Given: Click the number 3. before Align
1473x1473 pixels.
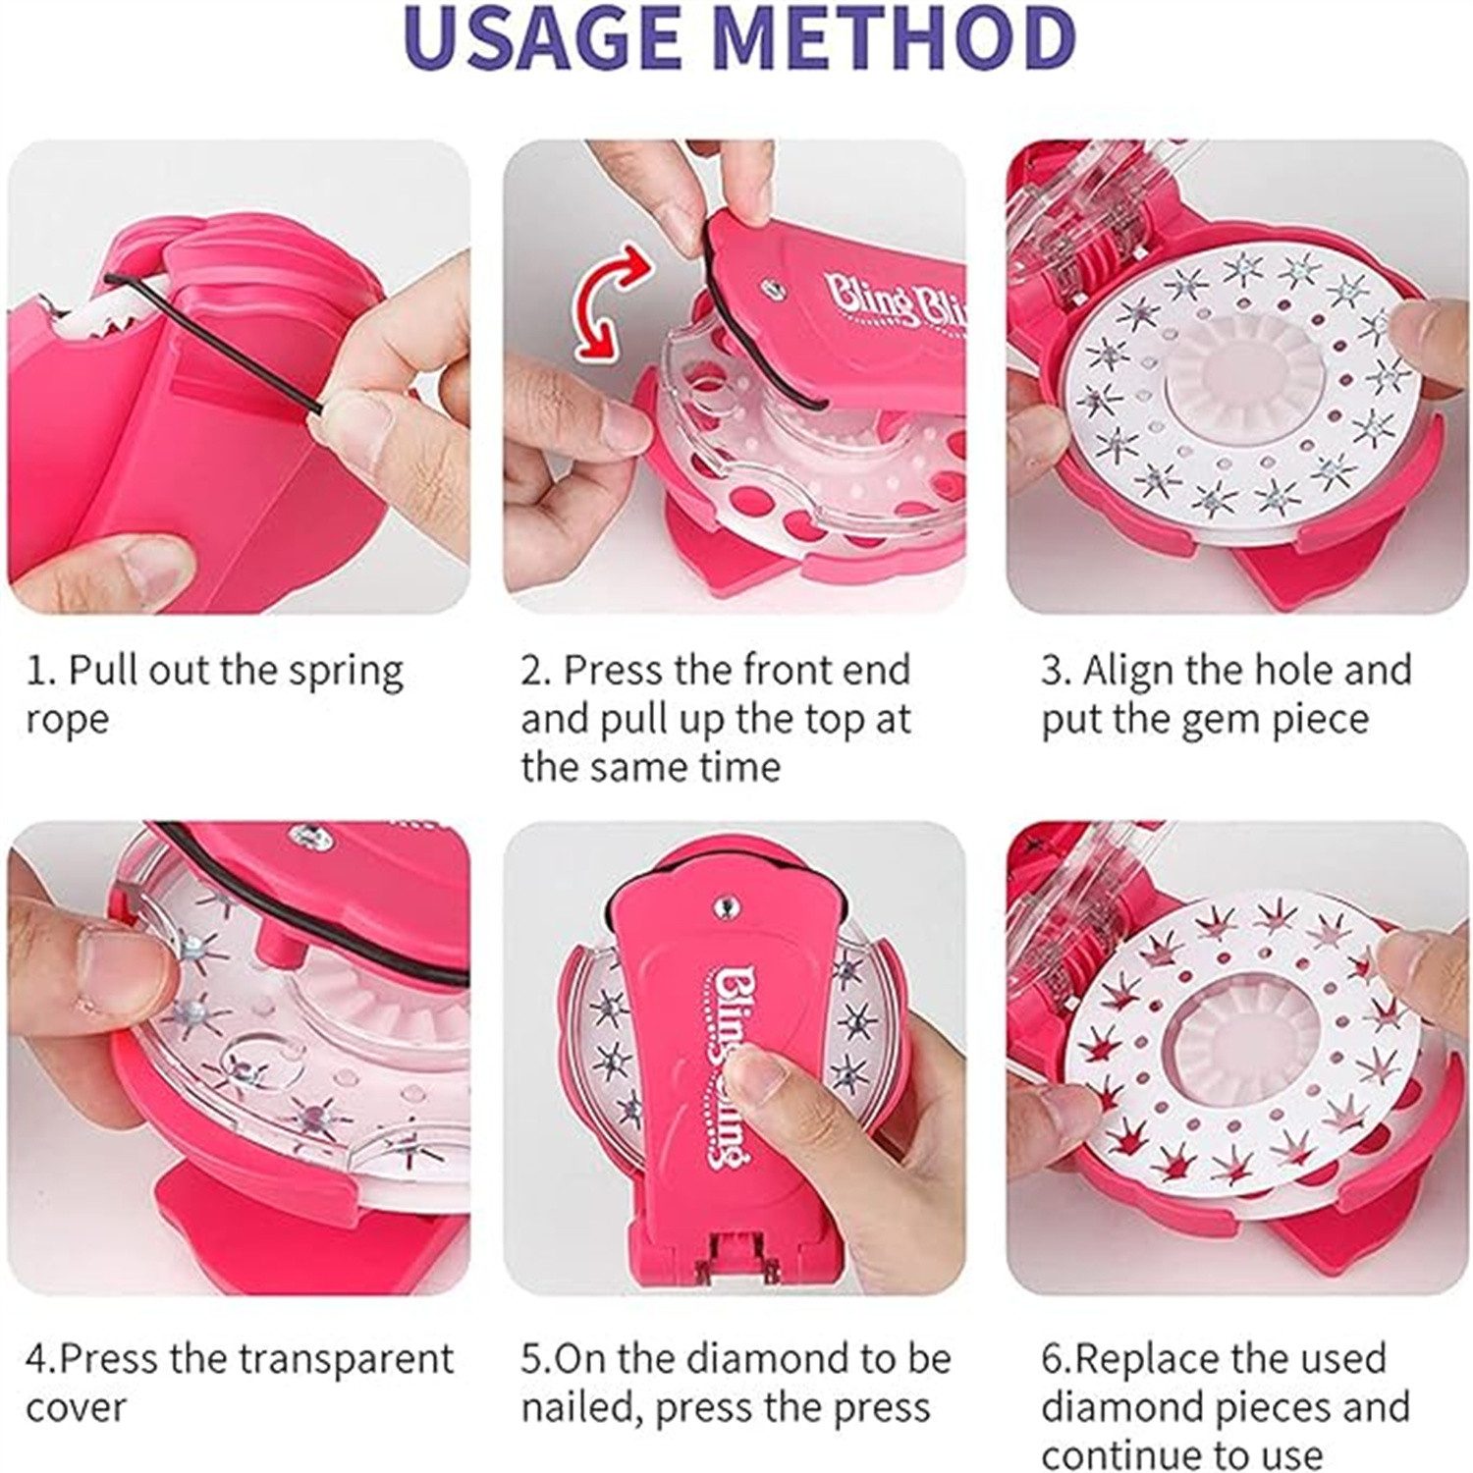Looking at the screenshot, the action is coord(1057,672).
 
